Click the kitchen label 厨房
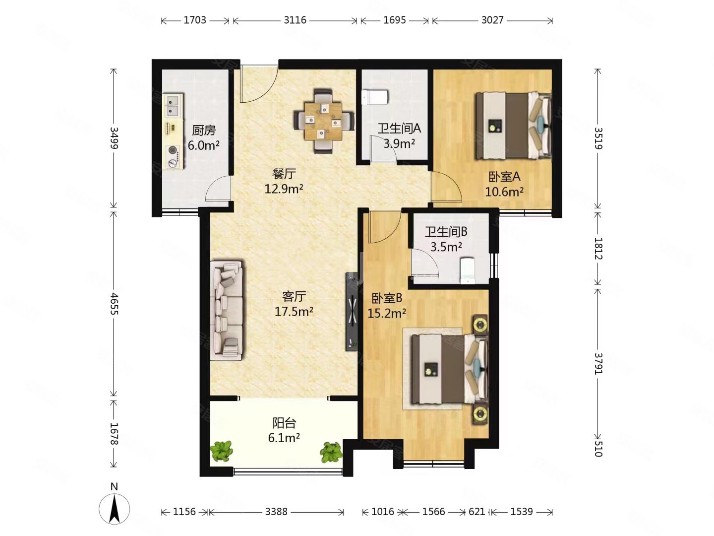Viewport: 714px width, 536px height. point(203,130)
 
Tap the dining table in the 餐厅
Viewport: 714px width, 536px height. point(323,121)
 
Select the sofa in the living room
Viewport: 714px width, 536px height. point(227,310)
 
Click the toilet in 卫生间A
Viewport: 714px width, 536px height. point(375,97)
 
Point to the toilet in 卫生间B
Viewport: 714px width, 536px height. point(468,270)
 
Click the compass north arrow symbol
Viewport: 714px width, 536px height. point(114,509)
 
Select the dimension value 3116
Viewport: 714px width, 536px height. point(295,20)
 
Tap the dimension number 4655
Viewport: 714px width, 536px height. point(114,304)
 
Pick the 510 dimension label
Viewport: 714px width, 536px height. point(598,448)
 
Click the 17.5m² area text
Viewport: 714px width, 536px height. point(294,312)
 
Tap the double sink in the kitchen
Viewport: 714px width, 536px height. point(173,105)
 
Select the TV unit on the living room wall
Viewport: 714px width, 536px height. point(352,311)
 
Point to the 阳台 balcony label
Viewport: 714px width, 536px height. point(284,423)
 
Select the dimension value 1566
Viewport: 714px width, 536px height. point(433,512)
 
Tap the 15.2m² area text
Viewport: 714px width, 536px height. point(386,313)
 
